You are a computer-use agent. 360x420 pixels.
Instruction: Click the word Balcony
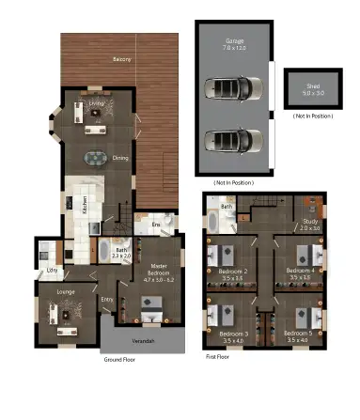point(122,59)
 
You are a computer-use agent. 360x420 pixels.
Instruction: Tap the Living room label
point(97,103)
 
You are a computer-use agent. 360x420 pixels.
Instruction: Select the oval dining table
point(97,158)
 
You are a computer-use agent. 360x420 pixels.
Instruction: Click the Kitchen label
point(86,203)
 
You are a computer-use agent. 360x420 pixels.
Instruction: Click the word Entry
point(107,300)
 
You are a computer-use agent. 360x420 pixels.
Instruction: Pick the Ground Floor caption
point(122,359)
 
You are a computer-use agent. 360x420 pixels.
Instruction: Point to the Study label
point(310,224)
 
